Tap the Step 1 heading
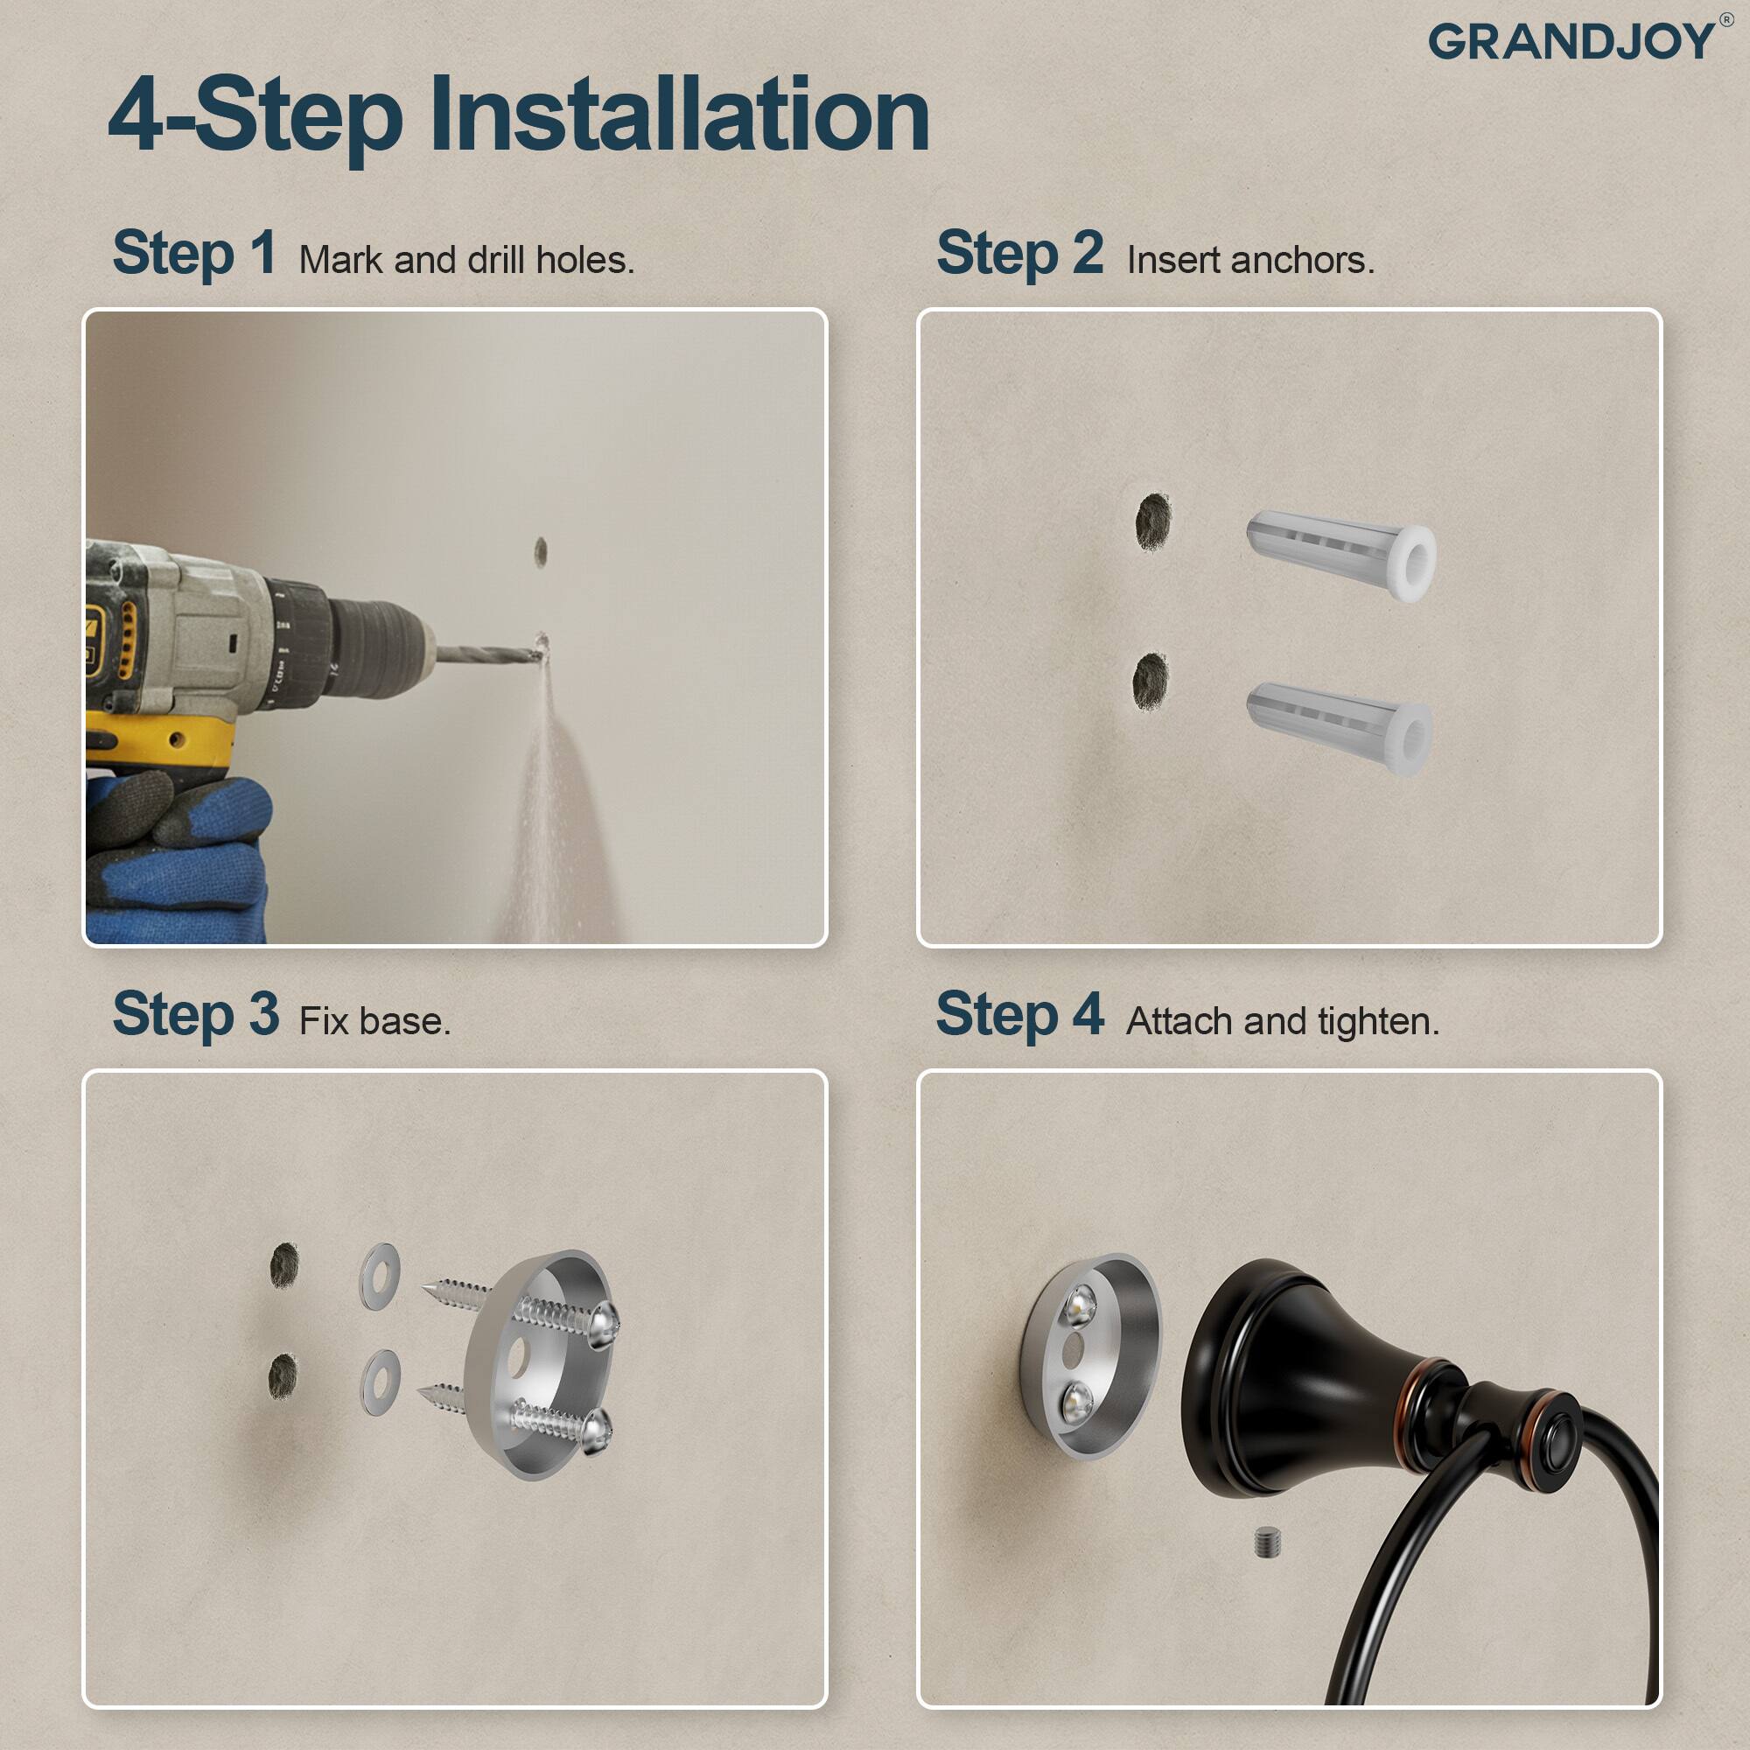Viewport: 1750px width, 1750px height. [x=195, y=253]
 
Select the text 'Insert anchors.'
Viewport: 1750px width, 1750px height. [x=1250, y=261]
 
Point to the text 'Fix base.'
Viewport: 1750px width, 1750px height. [x=374, y=1022]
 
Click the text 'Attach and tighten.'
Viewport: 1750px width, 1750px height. [x=1282, y=1022]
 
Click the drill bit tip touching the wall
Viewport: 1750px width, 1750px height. [x=540, y=647]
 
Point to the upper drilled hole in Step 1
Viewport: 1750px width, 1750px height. [x=541, y=551]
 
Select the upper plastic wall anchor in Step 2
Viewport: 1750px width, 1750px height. [x=1340, y=555]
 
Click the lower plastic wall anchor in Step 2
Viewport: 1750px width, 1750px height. [x=1339, y=727]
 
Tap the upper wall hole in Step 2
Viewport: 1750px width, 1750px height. [x=1153, y=521]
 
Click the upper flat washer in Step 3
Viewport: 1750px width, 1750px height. [x=380, y=1276]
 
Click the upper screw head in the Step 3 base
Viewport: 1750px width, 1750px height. [x=603, y=1324]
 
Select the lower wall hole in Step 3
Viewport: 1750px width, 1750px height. [x=283, y=1375]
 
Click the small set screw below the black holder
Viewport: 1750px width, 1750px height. [x=1268, y=1543]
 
